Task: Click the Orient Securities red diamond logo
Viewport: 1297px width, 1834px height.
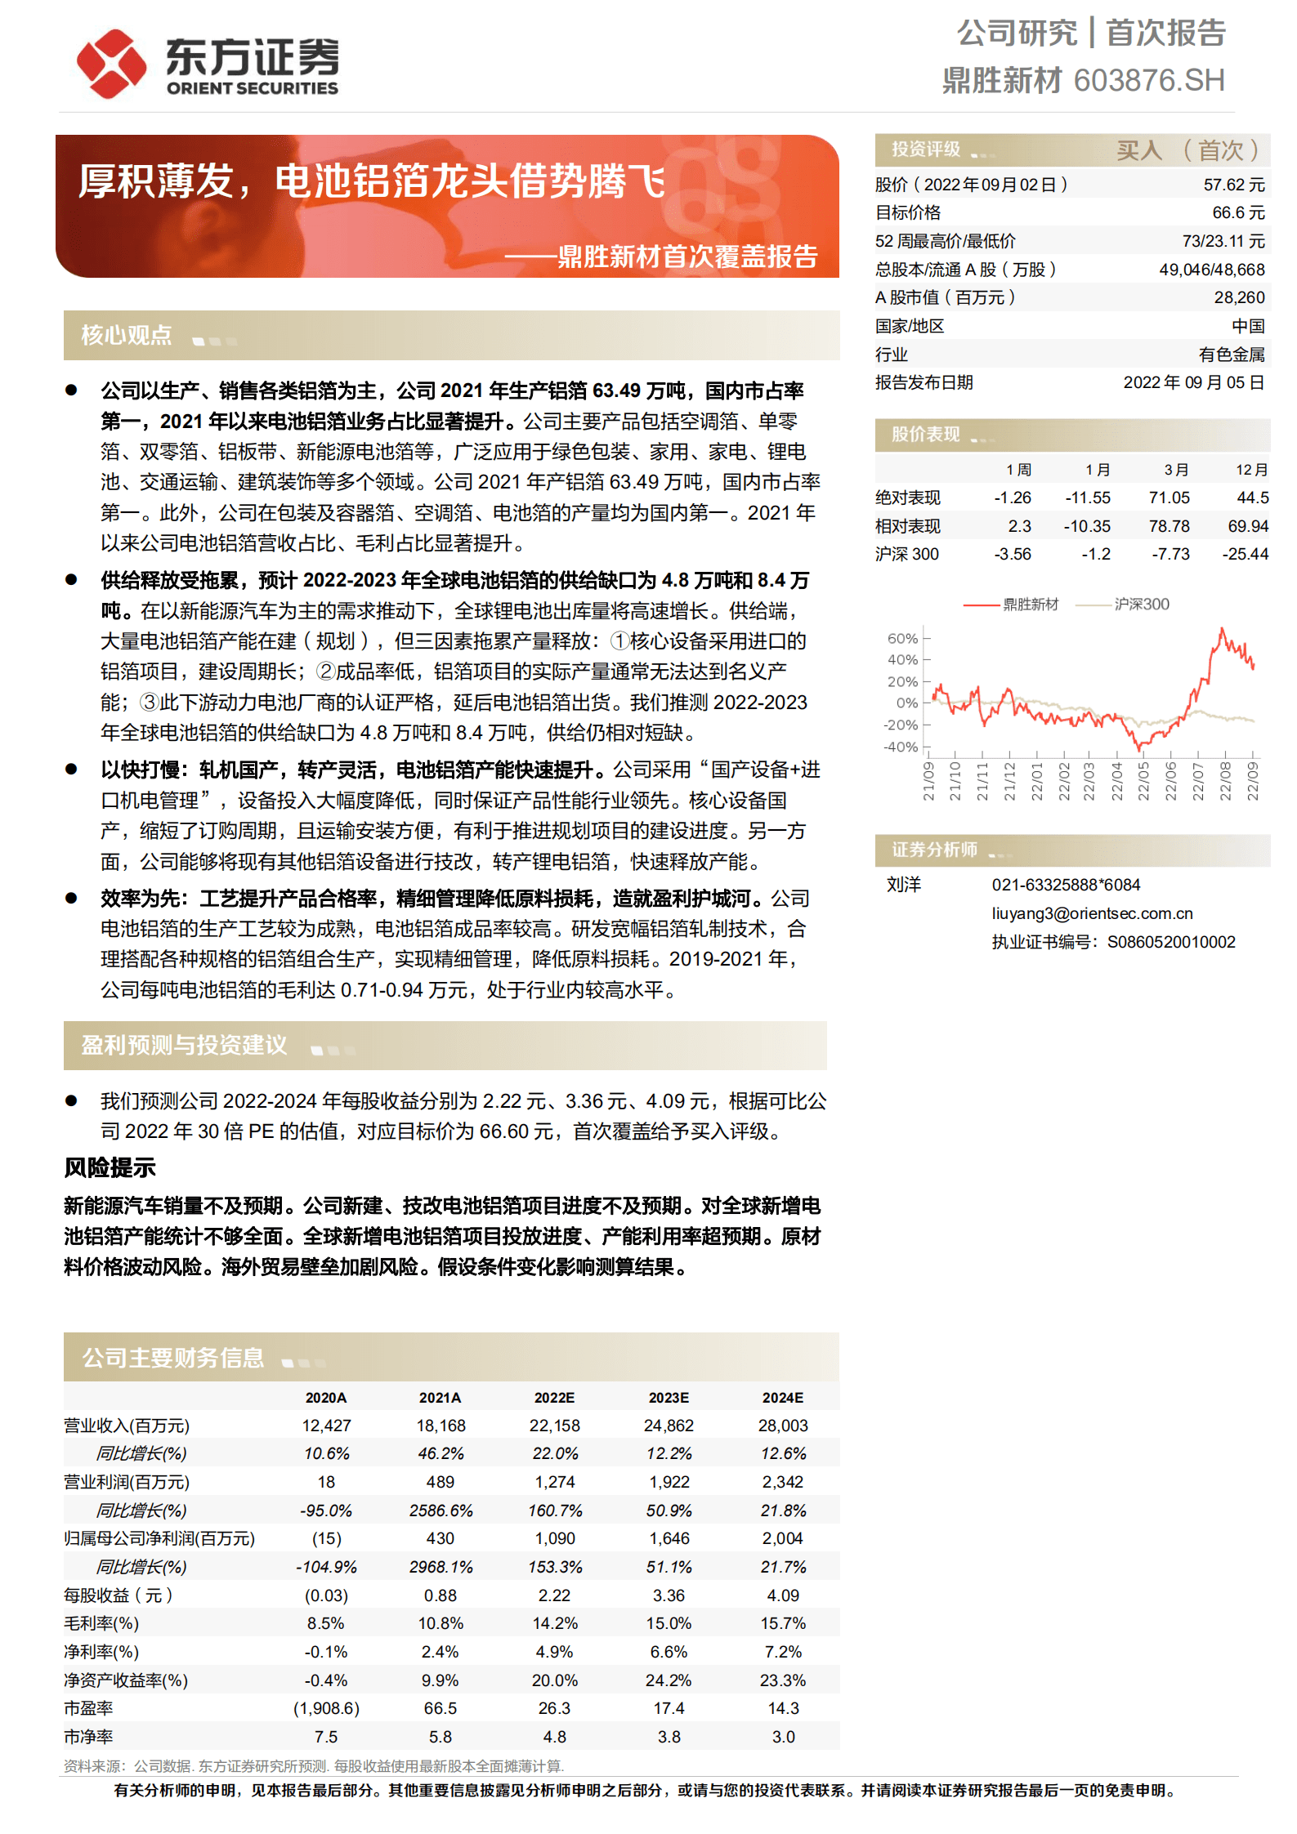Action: [110, 63]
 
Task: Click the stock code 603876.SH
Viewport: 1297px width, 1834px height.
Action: [1148, 81]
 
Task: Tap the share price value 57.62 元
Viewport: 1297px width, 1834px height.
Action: [1233, 185]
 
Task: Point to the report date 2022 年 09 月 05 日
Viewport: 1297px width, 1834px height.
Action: [1193, 383]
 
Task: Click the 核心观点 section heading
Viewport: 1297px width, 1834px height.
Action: [127, 335]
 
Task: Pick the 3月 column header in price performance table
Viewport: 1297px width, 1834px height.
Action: [1176, 471]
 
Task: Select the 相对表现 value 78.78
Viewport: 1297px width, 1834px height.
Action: [1169, 527]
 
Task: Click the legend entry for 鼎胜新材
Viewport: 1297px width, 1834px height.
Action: [1030, 605]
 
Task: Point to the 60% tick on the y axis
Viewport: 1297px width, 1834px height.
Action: [902, 639]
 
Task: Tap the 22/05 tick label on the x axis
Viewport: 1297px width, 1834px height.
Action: [1144, 781]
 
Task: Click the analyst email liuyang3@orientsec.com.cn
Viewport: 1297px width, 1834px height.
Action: [1092, 914]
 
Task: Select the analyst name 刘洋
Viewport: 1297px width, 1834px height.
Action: [904, 886]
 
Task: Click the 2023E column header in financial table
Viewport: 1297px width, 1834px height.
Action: [669, 1399]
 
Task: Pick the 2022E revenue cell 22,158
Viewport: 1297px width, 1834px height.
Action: [554, 1426]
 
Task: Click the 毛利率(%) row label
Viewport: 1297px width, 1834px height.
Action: [101, 1624]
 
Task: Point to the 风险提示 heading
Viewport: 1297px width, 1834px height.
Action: [110, 1168]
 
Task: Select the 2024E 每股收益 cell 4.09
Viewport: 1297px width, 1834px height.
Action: [782, 1595]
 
